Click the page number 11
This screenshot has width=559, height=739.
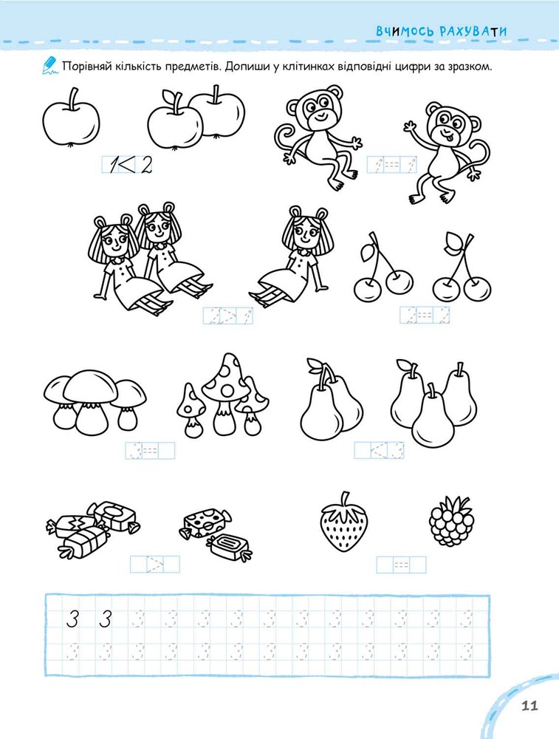click(x=529, y=706)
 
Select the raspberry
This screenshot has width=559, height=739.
click(x=452, y=520)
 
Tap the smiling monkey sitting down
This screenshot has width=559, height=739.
click(x=318, y=137)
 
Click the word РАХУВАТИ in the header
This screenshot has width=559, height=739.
click(x=473, y=32)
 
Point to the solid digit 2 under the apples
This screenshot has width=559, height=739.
click(x=147, y=166)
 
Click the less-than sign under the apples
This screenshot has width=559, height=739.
click(x=127, y=165)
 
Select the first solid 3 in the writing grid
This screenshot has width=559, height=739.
click(x=72, y=619)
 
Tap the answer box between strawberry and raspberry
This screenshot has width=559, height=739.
click(x=401, y=565)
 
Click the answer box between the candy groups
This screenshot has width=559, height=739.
click(x=155, y=564)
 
